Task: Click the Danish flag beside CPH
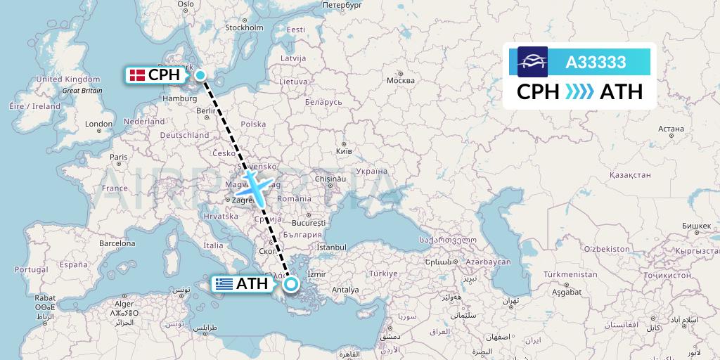[x=138, y=75]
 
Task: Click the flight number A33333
[x=596, y=63]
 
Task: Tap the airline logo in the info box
[x=532, y=62]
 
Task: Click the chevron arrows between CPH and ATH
[x=579, y=92]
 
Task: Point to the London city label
[x=98, y=124]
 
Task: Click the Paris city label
[x=118, y=157]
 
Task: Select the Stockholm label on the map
[x=243, y=28]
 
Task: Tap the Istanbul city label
[x=332, y=247]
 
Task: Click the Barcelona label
[x=117, y=243]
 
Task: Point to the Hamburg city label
[x=179, y=98]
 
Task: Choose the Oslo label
[x=186, y=4]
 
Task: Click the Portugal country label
[x=31, y=269]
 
